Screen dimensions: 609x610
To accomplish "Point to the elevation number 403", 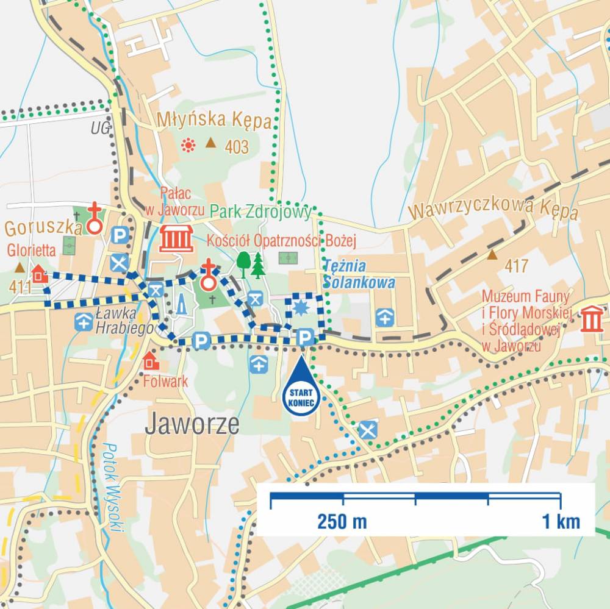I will coord(237,147).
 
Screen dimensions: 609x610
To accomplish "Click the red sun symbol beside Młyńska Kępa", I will coord(188,145).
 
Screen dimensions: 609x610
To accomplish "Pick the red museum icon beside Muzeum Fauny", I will coord(591,319).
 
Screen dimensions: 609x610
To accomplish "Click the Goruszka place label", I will coord(43,229).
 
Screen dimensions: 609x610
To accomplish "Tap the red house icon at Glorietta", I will coord(40,274).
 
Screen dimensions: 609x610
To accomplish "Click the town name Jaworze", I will coord(192,424).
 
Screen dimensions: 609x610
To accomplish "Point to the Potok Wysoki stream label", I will coord(113,488).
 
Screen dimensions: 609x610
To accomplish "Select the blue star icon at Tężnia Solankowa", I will coord(300,308).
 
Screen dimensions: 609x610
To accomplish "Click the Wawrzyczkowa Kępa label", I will coord(493,209).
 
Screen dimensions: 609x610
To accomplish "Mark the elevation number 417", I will coord(516,266).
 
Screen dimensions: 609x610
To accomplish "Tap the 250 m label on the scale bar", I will coord(342,522).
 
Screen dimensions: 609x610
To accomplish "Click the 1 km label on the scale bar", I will coord(559,522).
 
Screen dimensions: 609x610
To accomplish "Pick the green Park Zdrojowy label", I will coord(260,212).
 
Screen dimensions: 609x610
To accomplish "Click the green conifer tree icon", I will coord(258,266).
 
